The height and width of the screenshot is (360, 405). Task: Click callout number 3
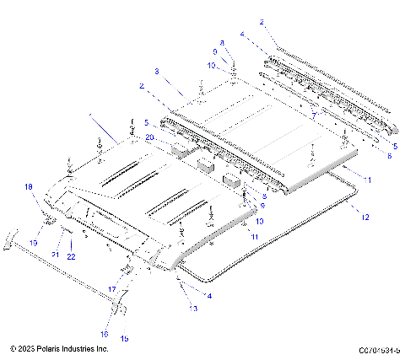tap(157, 72)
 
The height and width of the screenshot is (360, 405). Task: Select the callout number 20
tap(149, 137)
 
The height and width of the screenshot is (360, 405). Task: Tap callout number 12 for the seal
tap(364, 217)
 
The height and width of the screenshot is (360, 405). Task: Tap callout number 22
tap(72, 256)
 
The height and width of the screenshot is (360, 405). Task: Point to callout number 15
tap(125, 338)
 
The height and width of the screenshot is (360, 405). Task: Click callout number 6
tap(389, 155)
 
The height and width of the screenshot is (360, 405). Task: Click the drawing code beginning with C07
tap(379, 348)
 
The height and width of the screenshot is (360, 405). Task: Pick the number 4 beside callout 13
tap(209, 295)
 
